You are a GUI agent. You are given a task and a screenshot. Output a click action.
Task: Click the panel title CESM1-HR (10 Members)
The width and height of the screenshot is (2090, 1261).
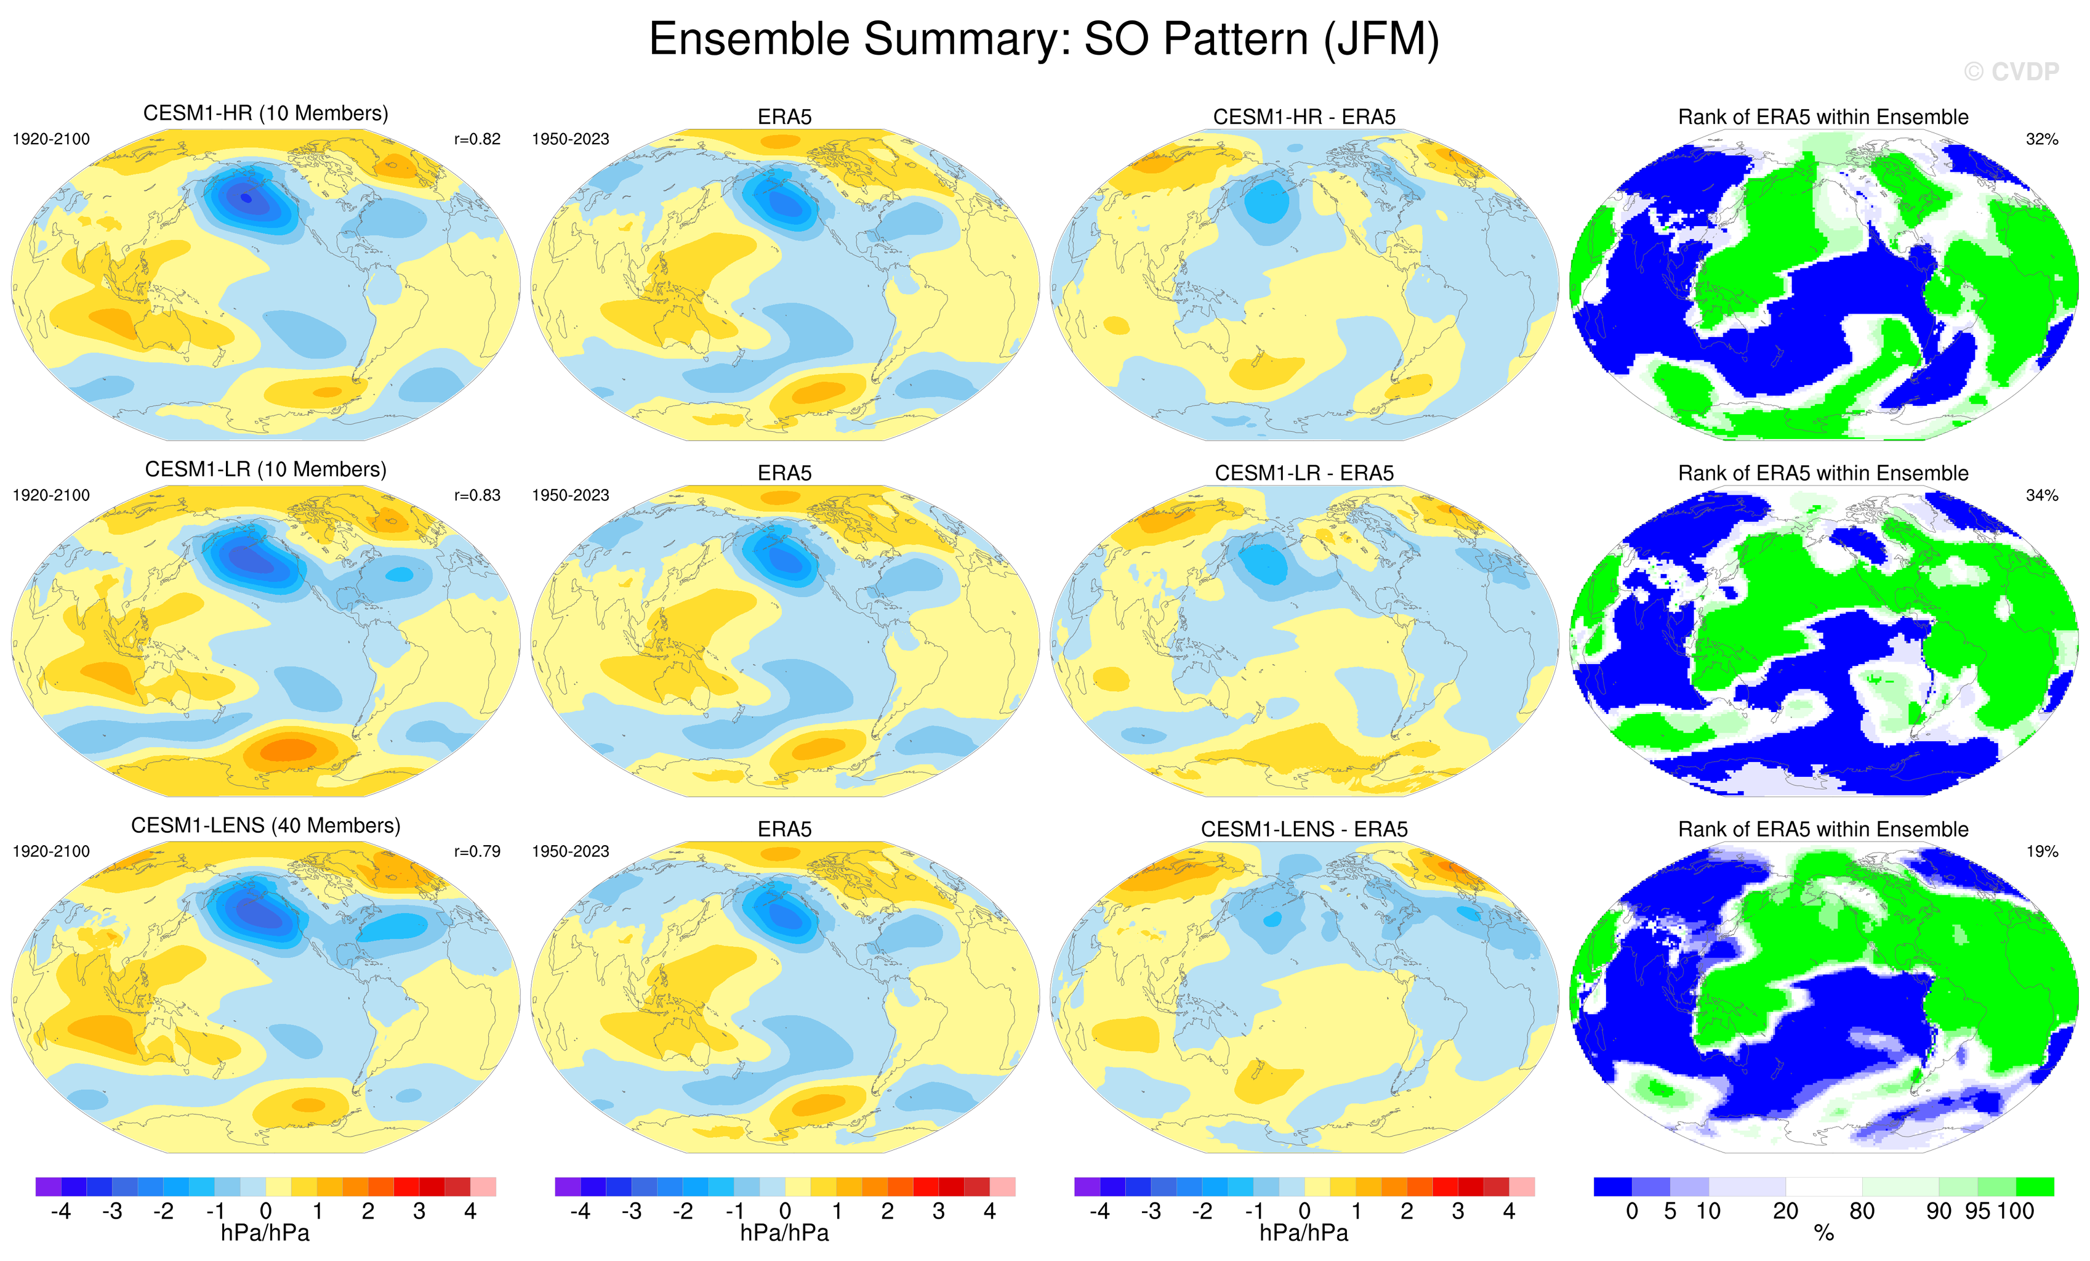pos(265,114)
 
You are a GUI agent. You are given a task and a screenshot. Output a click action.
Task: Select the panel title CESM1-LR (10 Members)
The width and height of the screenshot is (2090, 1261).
pos(265,469)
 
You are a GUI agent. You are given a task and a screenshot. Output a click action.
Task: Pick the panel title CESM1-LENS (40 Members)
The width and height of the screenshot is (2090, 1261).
pos(265,825)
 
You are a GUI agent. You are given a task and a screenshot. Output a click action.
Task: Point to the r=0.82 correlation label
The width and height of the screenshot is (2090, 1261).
pos(478,139)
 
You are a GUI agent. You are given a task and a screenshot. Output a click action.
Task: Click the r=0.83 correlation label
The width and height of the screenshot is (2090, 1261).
pos(478,495)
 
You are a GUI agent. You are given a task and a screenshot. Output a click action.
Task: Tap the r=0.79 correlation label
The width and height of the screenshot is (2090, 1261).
pos(478,851)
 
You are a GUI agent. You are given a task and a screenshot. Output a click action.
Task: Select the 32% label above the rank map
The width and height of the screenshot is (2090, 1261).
pos(2041,139)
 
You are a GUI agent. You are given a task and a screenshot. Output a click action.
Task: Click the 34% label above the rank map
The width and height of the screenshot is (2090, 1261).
pos(2041,495)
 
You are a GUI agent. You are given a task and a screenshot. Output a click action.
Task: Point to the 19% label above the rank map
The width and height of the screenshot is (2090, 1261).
pos(2041,851)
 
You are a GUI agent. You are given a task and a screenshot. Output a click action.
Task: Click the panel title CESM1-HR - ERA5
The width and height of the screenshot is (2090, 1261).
pos(1304,117)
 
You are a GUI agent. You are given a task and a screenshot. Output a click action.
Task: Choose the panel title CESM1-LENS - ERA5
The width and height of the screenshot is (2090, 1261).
pos(1304,829)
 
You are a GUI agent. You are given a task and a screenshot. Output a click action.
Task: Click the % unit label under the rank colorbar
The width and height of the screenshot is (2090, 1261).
pos(1823,1234)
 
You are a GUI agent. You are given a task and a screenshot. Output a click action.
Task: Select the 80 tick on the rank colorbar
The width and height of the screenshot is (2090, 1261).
pos(1862,1211)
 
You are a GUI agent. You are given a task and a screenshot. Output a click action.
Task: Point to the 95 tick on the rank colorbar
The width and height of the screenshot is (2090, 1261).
pos(1977,1211)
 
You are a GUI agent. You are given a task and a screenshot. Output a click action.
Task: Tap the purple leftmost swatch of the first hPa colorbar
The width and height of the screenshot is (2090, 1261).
pos(49,1186)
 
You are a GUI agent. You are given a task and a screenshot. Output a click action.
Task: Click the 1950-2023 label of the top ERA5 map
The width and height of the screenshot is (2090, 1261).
pos(570,139)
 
